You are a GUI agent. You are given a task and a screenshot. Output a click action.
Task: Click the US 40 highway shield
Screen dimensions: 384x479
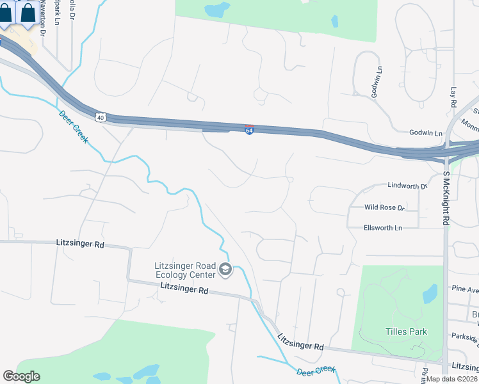tap(100, 117)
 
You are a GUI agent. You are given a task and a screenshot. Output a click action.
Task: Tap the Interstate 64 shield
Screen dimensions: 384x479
tap(249, 131)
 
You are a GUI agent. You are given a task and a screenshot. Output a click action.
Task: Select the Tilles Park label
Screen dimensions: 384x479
tap(406, 332)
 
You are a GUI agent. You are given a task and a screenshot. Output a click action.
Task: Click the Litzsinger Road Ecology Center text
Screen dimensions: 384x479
tap(185, 271)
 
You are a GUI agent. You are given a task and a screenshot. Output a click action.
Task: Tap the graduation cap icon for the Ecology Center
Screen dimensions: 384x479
tap(225, 271)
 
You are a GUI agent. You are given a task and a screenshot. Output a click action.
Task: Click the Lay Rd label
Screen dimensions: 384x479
tap(453, 97)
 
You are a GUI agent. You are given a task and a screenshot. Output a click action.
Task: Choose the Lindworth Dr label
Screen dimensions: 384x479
tap(407, 186)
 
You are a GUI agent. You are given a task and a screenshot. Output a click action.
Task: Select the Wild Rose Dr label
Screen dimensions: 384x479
tap(385, 207)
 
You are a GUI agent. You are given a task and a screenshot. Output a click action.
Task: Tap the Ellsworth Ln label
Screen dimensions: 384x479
tap(383, 227)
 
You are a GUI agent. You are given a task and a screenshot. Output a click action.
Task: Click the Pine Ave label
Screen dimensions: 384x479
tap(465, 289)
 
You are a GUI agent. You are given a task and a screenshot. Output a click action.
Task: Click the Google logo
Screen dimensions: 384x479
tap(21, 376)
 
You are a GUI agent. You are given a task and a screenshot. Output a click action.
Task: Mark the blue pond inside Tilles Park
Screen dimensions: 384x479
tap(430, 293)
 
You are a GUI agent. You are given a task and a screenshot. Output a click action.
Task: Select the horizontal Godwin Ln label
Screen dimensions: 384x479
tap(426, 133)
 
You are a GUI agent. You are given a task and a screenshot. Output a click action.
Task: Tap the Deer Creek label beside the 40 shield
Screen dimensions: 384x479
tap(74, 127)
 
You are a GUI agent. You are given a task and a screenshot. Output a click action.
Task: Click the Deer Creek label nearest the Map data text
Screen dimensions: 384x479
tap(316, 370)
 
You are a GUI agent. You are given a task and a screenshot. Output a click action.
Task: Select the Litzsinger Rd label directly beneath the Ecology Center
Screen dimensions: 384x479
tap(184, 290)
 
